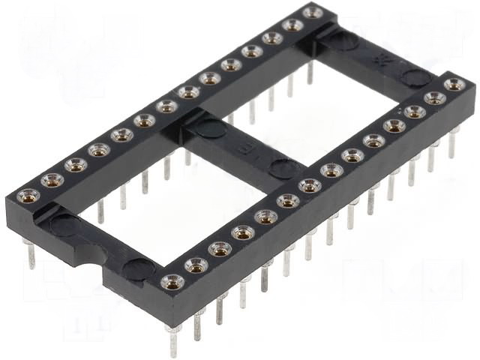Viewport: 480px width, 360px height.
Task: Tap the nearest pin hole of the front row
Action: [x=172, y=281]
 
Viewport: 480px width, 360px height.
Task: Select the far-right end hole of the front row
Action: [x=454, y=85]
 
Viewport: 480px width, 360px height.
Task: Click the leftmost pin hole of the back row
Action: [x=28, y=196]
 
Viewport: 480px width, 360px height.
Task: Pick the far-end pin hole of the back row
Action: [x=313, y=12]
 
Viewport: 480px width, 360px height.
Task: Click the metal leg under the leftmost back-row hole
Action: [x=31, y=255]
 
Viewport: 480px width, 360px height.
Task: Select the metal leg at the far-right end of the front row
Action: [x=453, y=142]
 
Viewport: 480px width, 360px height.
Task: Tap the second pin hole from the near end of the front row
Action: [x=196, y=264]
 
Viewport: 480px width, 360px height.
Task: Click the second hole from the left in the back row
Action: [x=52, y=180]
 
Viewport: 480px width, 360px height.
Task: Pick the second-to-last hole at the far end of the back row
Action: [x=292, y=25]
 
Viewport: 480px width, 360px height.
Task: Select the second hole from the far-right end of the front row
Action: [x=435, y=98]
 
